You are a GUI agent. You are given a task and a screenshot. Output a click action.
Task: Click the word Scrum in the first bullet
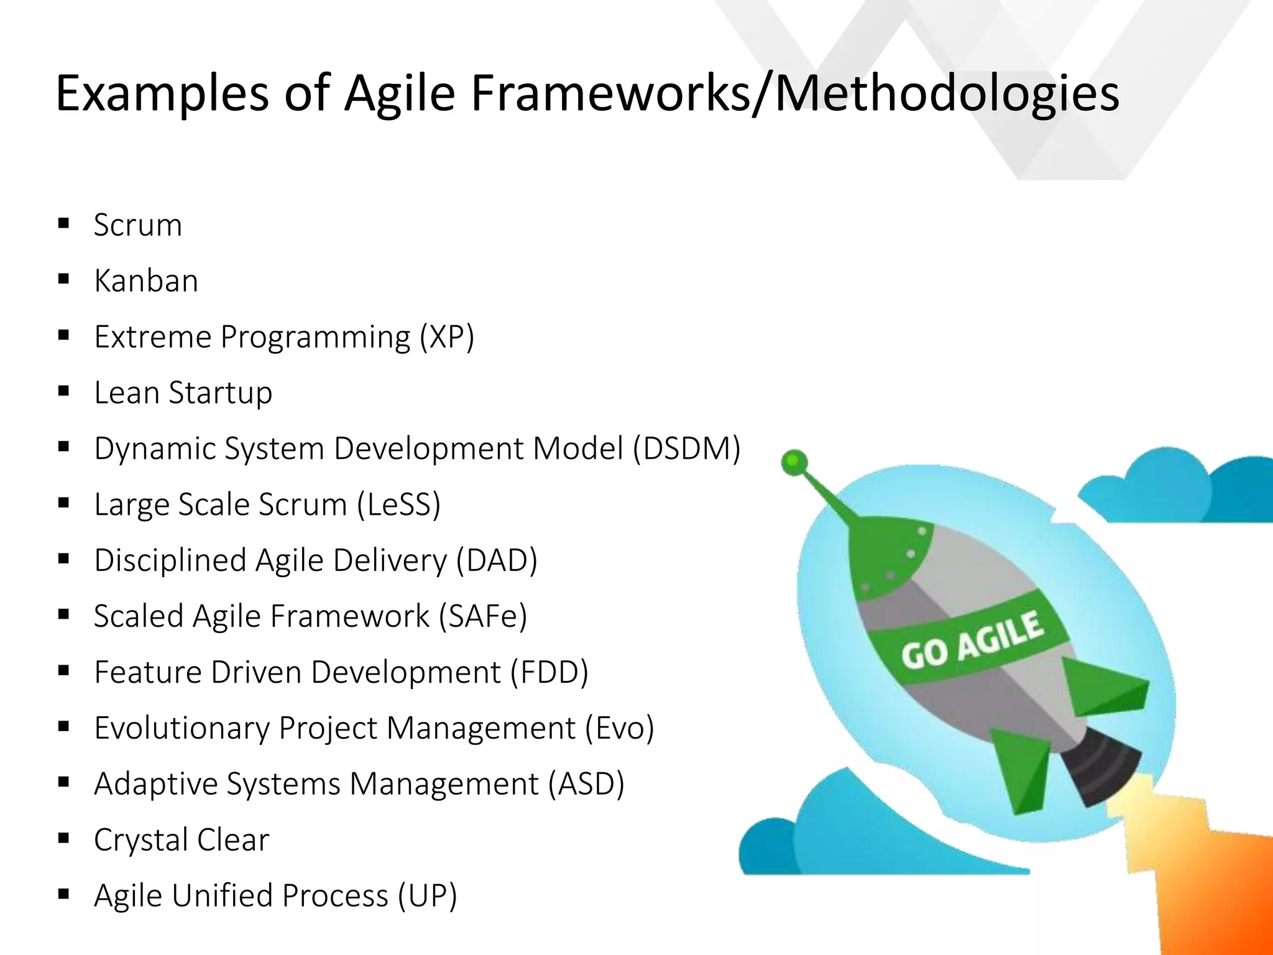(137, 225)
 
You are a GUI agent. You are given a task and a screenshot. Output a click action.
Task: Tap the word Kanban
(146, 281)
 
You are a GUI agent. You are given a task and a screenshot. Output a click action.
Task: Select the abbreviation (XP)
(446, 337)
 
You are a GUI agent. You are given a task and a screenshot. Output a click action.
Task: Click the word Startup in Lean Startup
(220, 393)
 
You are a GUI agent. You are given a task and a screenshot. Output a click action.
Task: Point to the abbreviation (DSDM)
(686, 449)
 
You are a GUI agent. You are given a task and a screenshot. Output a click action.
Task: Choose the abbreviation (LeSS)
(398, 505)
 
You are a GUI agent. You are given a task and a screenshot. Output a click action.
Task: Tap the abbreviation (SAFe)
(483, 616)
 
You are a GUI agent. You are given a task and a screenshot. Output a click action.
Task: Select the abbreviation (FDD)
(549, 672)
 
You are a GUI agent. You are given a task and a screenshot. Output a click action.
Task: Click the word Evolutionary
(182, 728)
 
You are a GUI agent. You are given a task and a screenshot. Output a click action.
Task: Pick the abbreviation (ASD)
(586, 784)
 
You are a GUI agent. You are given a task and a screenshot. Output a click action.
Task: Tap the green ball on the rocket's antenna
(794, 463)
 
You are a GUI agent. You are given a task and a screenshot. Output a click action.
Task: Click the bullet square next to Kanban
(63, 279)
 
